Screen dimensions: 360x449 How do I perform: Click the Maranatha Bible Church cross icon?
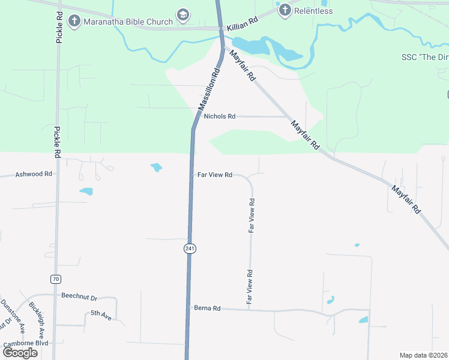coord(74,22)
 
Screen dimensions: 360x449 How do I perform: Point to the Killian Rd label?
coord(242,20)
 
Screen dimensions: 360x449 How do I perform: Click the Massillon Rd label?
coord(209,88)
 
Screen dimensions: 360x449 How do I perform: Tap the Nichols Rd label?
coord(220,116)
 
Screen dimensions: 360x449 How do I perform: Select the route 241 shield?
coord(190,248)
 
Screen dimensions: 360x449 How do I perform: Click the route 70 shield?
coord(55,279)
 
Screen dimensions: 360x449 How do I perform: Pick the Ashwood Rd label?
coord(34,174)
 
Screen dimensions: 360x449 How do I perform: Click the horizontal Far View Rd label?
coord(215,175)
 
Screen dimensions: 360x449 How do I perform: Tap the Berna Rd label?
coord(208,308)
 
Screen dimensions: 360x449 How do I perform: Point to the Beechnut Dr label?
coord(79,296)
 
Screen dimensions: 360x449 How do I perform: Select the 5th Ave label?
coord(101,313)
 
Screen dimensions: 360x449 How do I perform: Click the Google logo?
coord(20,352)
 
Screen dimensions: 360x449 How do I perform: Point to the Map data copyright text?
coord(423,355)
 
